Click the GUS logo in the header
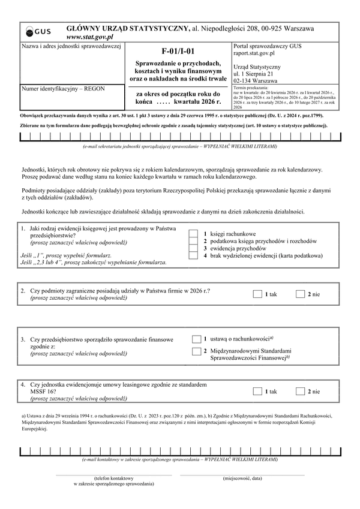(40, 32)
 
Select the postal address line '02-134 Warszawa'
(256, 80)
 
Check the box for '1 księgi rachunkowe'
(193, 233)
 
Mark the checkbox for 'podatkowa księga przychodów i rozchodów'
(193, 240)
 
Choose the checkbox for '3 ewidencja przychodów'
(193, 248)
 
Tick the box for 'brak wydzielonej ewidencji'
(193, 255)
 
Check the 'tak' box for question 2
(257, 294)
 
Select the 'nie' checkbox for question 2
(301, 294)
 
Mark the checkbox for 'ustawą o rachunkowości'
(196, 339)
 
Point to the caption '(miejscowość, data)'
(242, 478)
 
